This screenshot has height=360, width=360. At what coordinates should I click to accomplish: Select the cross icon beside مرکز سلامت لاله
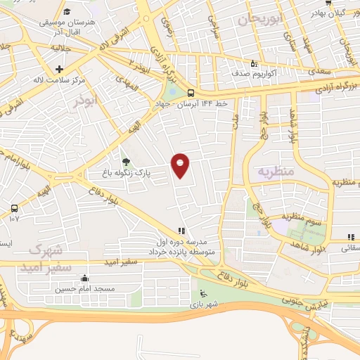pos(59,69)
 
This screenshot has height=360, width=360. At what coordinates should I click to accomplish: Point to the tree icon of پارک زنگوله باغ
pos(126,161)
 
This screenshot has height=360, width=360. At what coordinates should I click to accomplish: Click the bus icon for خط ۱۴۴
pos(191,92)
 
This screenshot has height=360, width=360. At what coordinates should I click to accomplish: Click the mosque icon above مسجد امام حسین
pos(85,278)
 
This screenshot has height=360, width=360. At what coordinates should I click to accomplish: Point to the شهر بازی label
pos(204,304)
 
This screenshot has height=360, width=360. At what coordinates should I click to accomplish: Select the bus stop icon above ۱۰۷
pos(14,208)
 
